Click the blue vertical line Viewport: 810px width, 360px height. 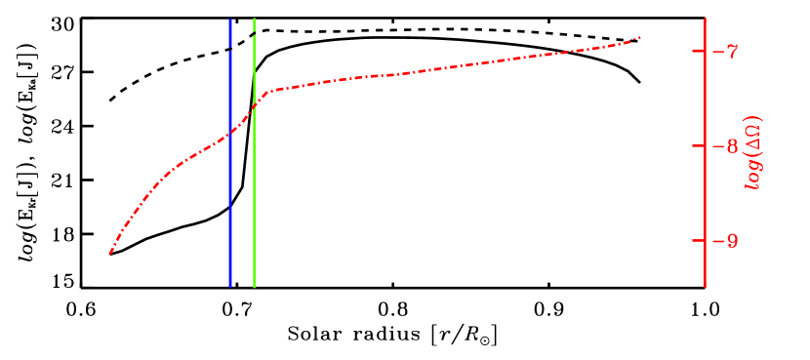click(x=230, y=195)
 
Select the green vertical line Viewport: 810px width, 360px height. click(x=254, y=195)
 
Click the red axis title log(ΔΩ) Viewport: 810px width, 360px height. click(x=753, y=152)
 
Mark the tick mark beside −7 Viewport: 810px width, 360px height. click(x=699, y=50)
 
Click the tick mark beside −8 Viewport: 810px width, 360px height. click(x=699, y=145)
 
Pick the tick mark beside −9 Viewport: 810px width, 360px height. click(x=699, y=240)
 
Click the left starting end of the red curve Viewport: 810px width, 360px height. click(x=110, y=254)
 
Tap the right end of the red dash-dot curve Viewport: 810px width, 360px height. click(x=640, y=38)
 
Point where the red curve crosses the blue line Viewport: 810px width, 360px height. click(x=230, y=134)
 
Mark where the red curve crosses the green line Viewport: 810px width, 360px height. click(x=254, y=105)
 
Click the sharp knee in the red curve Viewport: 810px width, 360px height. click(x=267, y=91)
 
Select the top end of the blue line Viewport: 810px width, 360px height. click(x=230, y=19)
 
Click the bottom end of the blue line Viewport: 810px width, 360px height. click(x=230, y=287)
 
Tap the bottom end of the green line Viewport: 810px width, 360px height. click(x=254, y=287)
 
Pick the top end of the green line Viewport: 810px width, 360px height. click(x=254, y=19)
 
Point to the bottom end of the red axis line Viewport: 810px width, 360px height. click(x=706, y=287)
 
